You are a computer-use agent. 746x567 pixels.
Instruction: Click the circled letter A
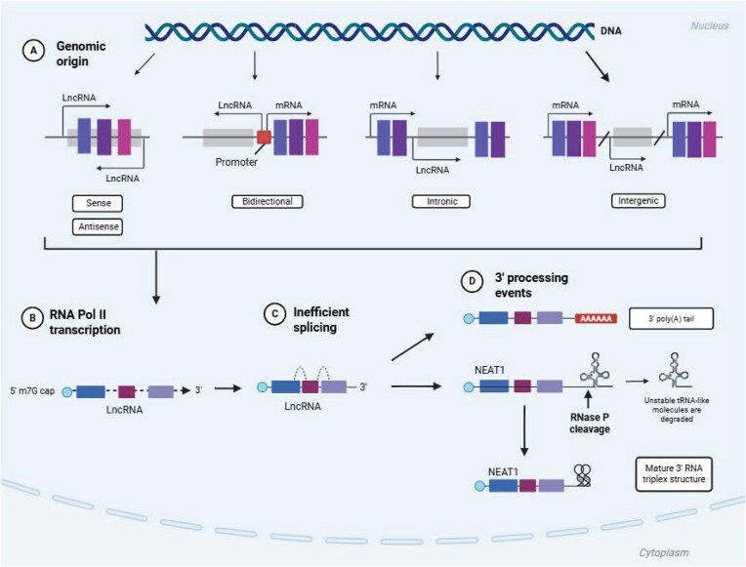33,51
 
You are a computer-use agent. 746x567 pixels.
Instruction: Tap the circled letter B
32,318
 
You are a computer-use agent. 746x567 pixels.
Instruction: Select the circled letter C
274,314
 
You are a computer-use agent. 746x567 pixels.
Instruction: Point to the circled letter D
472,281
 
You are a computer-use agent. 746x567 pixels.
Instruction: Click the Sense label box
98,203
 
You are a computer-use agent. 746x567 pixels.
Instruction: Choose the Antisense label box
98,226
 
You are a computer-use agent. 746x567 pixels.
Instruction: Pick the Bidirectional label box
268,201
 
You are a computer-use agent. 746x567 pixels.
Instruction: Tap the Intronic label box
441,201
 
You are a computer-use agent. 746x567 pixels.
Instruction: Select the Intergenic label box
638,201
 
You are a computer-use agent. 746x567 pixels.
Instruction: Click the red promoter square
264,137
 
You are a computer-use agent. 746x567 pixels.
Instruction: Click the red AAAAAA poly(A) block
597,319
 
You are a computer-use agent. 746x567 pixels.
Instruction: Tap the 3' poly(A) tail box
672,319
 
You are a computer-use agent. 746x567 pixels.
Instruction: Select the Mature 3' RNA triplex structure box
674,473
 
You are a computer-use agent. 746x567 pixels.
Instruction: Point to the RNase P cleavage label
590,423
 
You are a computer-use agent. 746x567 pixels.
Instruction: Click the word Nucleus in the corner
709,25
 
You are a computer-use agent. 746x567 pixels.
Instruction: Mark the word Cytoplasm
664,552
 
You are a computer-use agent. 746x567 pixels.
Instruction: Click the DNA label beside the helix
611,31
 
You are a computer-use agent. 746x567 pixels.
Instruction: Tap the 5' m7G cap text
32,391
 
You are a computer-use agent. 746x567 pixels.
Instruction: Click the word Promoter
236,162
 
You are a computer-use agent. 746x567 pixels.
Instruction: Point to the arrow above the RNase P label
589,398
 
